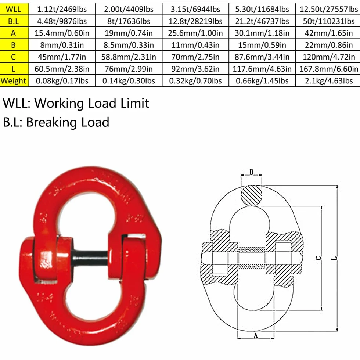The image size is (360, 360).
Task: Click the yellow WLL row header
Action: tap(14, 9)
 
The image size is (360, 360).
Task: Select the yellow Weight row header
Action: tap(14, 81)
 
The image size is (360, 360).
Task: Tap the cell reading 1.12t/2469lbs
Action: tap(62, 9)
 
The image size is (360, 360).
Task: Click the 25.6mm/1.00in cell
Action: tap(195, 33)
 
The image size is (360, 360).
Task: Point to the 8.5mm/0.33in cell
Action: tap(129, 45)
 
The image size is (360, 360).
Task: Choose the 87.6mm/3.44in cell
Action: tap(262, 57)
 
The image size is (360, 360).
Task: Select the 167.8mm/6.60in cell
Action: tap(328, 69)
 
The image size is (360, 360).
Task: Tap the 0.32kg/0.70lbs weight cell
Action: tap(195, 81)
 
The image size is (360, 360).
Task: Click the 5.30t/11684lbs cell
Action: tap(262, 9)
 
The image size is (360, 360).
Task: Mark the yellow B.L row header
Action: tap(14, 21)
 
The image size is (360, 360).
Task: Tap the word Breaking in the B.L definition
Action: tap(51, 122)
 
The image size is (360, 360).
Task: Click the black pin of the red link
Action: tap(90, 258)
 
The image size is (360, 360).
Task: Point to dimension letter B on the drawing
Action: tap(251, 172)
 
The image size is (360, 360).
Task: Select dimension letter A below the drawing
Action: tap(256, 336)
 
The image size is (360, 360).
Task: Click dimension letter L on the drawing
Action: tap(334, 258)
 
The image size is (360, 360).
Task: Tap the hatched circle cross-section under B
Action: tap(251, 195)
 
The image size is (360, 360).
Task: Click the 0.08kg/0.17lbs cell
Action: tap(62, 81)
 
